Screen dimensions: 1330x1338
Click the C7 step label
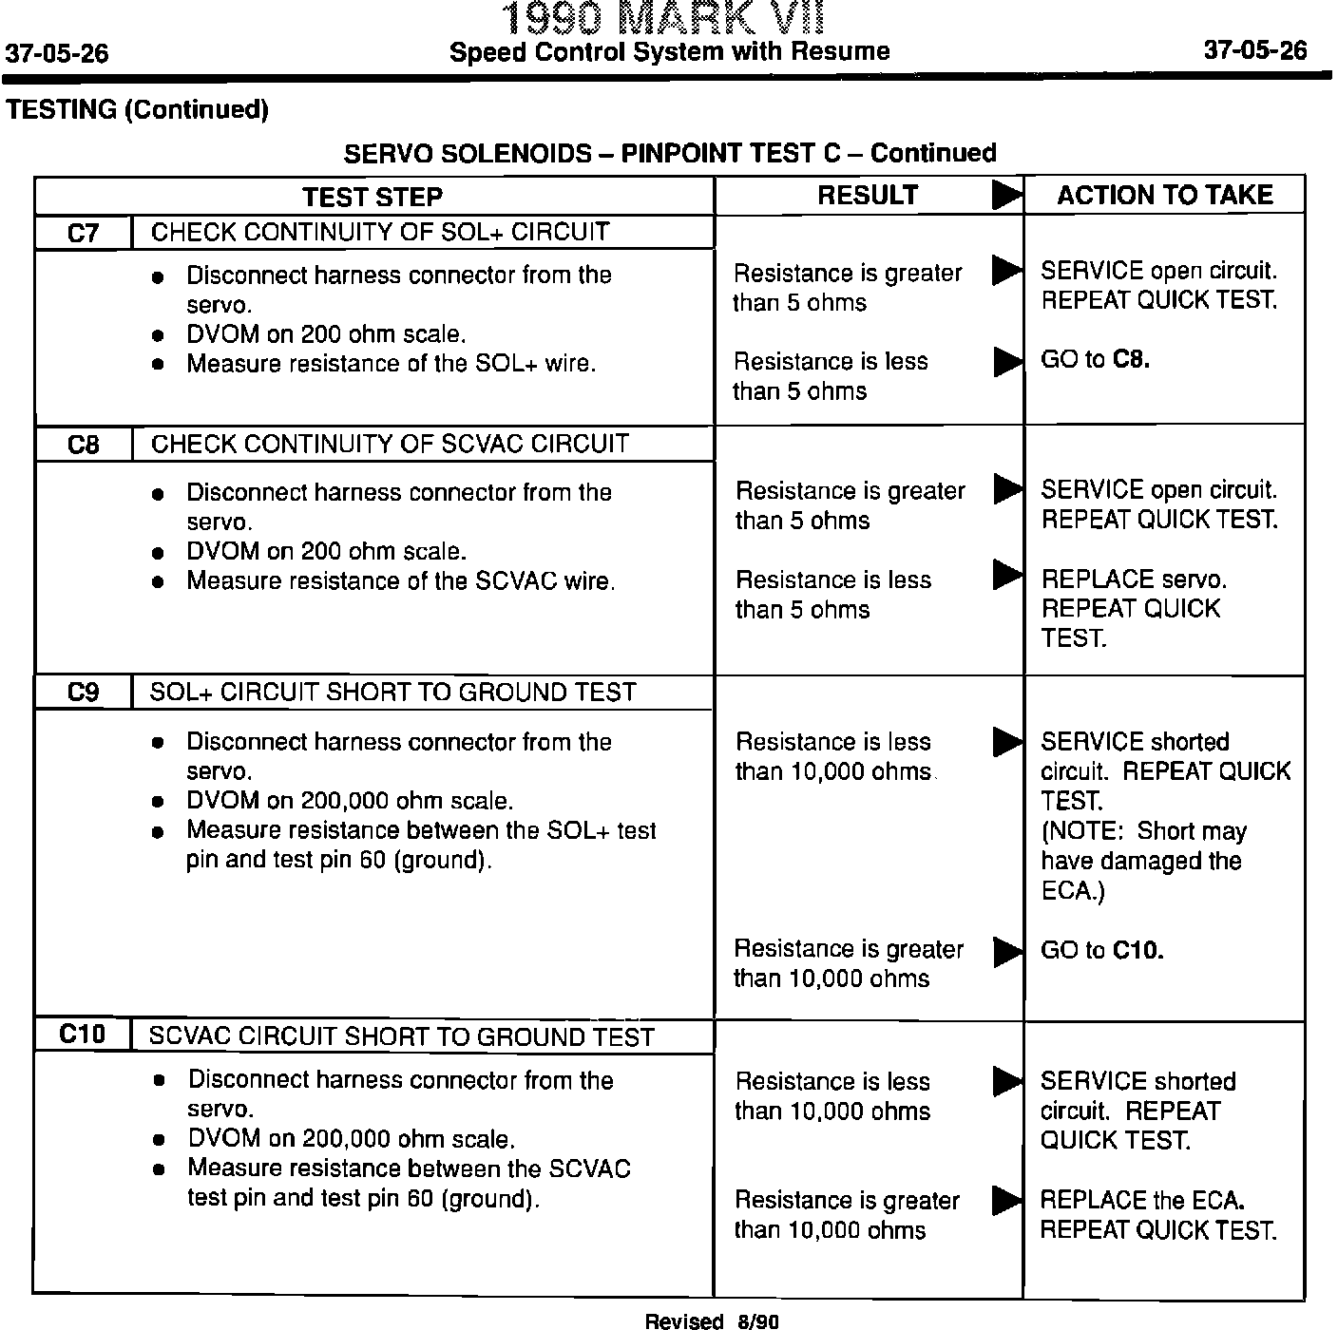[83, 234]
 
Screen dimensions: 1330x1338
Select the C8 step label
[83, 445]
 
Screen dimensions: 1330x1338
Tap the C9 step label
[83, 693]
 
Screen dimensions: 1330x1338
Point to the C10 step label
[82, 1035]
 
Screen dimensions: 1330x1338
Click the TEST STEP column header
[373, 197]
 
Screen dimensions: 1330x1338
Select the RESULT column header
[868, 195]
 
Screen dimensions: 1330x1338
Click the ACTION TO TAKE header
[1164, 195]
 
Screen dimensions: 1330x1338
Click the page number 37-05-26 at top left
[57, 53]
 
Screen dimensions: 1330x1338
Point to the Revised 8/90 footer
[713, 1320]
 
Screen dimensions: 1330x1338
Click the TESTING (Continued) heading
[138, 110]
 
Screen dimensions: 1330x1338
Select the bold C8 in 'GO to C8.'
[1131, 359]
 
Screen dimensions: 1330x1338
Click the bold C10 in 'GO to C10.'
[1137, 950]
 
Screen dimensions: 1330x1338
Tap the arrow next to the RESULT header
[1005, 195]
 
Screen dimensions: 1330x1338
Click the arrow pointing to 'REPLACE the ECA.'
[1005, 1200]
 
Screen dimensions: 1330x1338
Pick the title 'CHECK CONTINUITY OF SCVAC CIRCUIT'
[390, 444]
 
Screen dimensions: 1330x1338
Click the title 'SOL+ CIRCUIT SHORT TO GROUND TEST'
[392, 692]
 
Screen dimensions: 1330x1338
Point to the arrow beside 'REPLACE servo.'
[1005, 575]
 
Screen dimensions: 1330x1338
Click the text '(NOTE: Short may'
[1143, 831]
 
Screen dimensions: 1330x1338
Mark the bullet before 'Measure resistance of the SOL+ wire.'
[159, 366]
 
